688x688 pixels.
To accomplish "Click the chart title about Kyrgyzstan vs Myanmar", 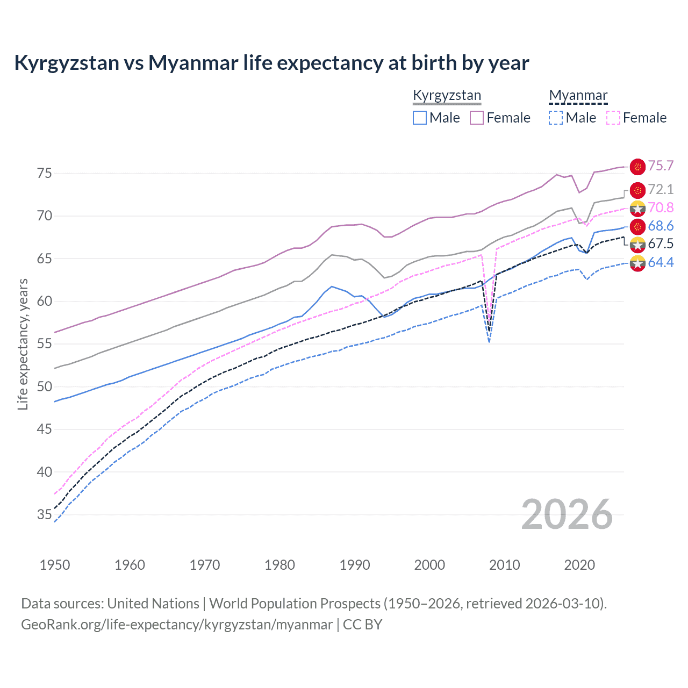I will [271, 63].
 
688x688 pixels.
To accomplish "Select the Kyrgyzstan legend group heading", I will [447, 96].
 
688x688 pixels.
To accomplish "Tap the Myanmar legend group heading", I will [578, 96].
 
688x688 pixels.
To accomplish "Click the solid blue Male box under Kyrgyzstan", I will [420, 118].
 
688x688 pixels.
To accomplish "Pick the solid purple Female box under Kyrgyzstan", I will [477, 118].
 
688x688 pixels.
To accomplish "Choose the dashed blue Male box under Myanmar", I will [556, 118].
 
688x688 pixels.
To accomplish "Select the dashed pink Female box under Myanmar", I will [613, 118].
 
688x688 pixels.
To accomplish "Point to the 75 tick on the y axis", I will [44, 173].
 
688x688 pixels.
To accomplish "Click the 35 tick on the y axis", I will [44, 514].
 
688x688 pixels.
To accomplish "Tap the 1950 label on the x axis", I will [55, 565].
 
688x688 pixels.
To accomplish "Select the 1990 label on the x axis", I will [355, 565].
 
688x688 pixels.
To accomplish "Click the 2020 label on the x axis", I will [579, 565].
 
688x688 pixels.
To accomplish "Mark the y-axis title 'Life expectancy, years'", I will [23, 344].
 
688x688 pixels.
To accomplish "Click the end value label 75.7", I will [661, 166].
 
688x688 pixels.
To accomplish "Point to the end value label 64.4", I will [661, 262].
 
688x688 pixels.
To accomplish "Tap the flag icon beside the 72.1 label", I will [637, 190].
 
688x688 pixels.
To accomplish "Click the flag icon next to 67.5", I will [637, 245].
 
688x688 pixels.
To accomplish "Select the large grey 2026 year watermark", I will [567, 514].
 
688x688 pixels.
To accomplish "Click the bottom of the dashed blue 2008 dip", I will [489, 341].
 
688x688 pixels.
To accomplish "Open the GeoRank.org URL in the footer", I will [177, 625].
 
